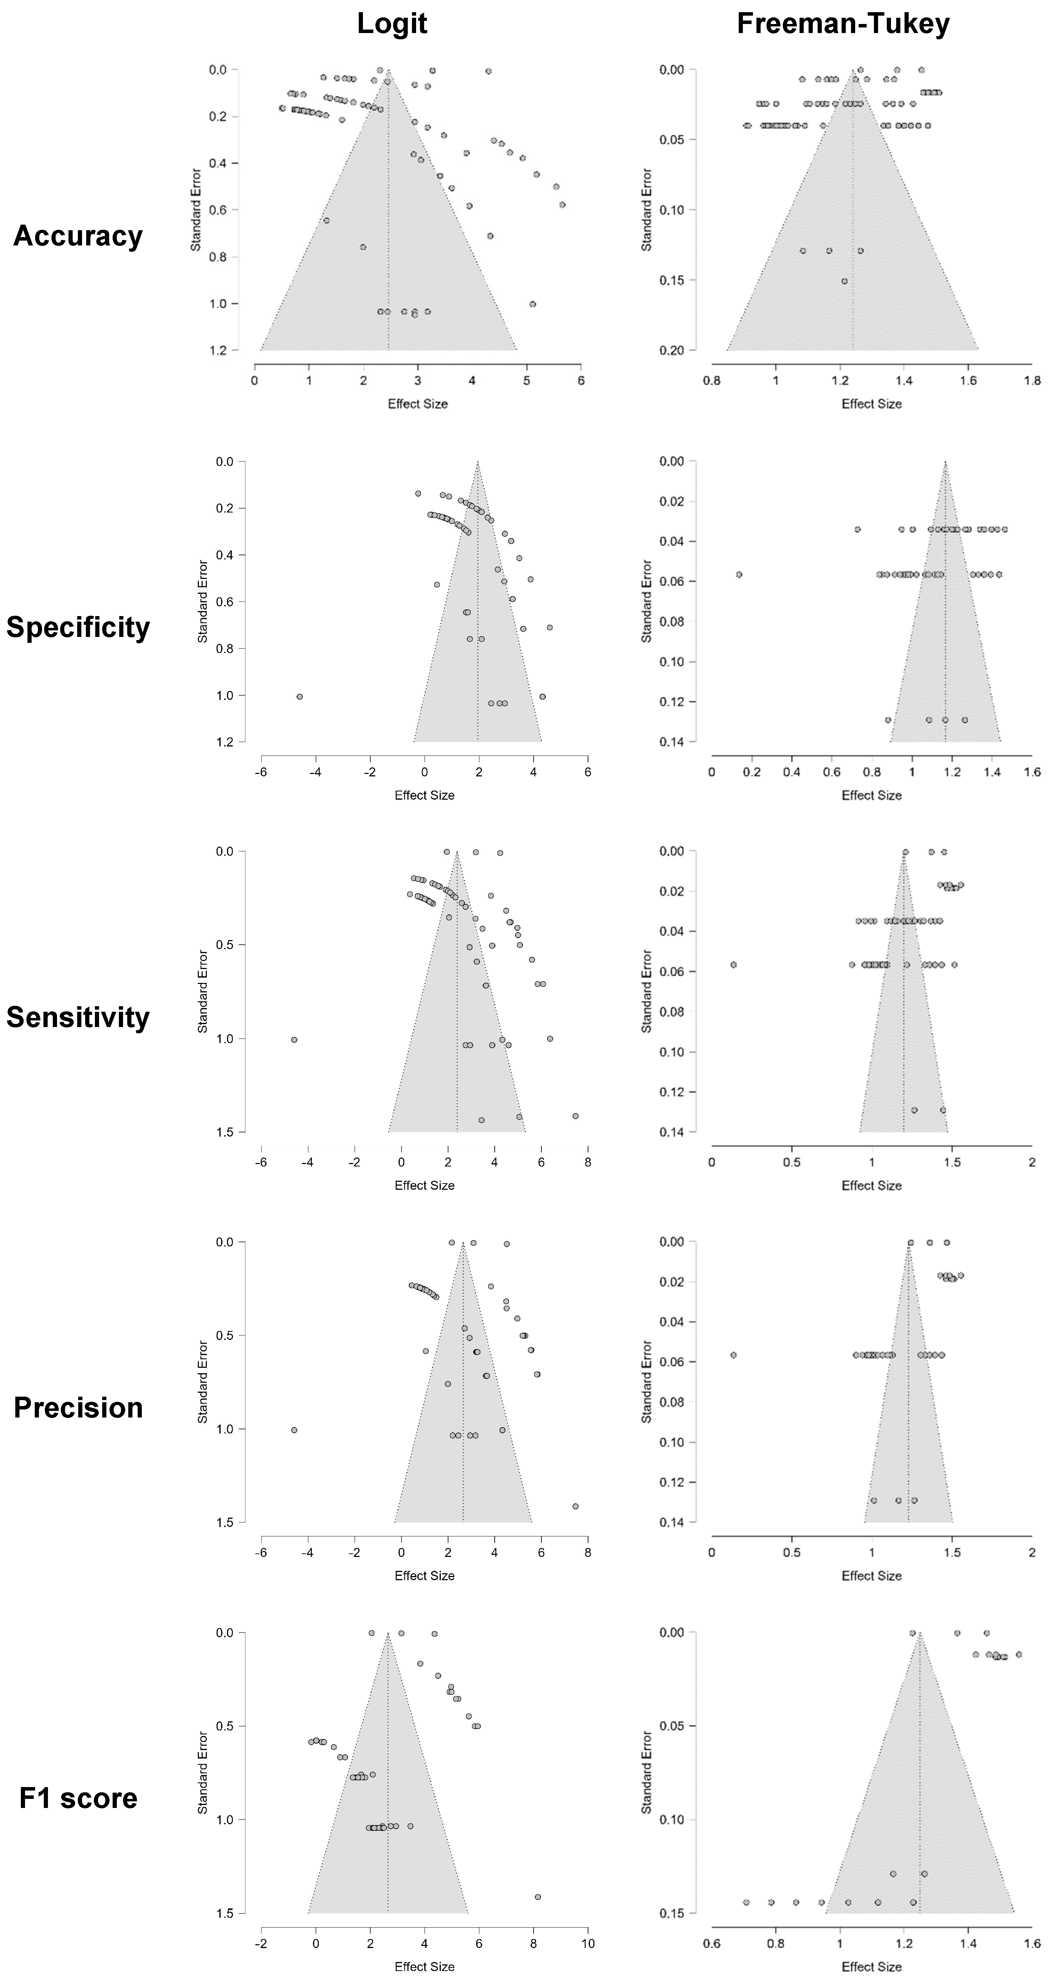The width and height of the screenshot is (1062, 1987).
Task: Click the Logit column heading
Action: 392,25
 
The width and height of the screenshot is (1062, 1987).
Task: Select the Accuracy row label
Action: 78,236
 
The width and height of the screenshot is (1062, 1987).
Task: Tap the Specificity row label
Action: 78,627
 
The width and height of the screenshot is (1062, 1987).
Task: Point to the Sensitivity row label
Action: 78,1017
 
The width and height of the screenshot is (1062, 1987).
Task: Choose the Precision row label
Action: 78,1408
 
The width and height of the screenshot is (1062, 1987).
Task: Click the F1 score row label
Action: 78,1798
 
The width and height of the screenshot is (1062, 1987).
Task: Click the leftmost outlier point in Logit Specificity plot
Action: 299,696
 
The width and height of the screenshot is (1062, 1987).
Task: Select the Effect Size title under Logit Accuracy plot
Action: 417,403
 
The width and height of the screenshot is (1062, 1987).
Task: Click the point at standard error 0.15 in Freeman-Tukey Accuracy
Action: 844,281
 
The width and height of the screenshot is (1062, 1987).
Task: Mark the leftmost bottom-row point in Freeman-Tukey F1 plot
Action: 746,1902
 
